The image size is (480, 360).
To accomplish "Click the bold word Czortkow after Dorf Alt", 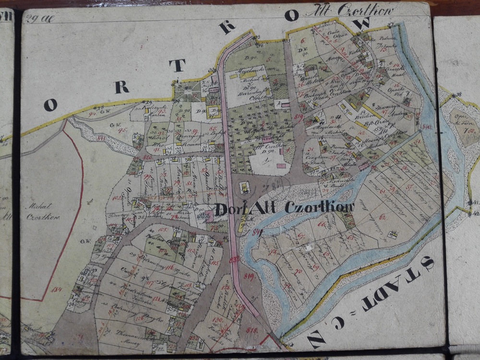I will click(320, 207).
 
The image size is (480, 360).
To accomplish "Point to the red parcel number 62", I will click(383, 216).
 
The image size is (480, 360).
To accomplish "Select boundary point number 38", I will click(458, 94).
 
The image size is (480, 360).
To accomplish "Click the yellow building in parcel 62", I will click(393, 235).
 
